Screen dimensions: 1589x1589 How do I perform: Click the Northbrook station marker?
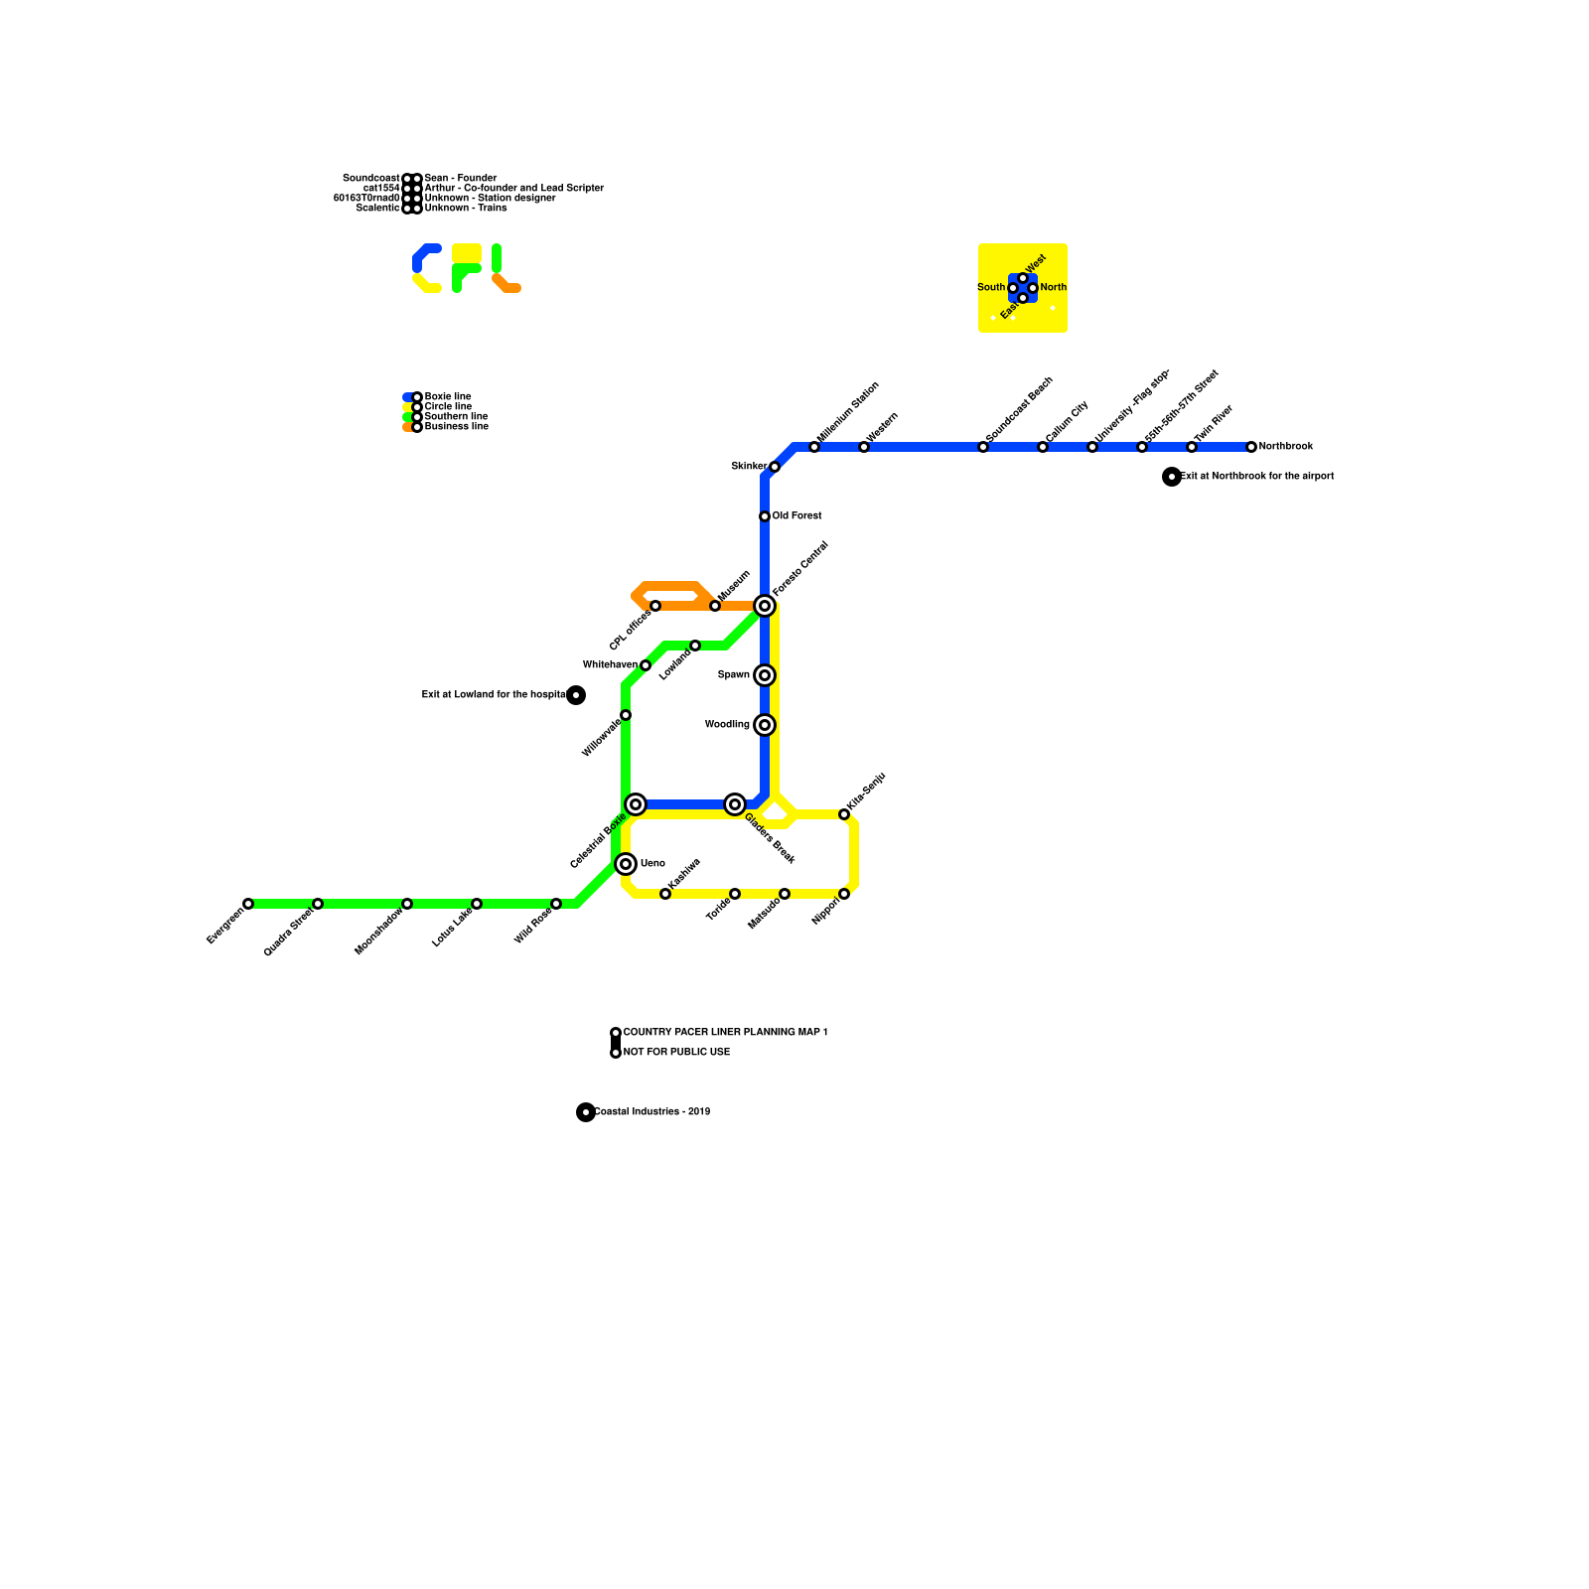1251,447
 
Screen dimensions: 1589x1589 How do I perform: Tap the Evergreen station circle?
248,904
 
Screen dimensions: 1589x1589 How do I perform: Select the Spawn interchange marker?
765,675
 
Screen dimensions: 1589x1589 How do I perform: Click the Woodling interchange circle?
765,725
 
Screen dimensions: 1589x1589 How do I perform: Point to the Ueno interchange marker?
626,864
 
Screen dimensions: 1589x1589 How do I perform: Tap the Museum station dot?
715,606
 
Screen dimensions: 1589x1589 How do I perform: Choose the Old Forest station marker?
765,516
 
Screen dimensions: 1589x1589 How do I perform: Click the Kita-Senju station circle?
844,814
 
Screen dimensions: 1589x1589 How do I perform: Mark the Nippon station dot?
844,894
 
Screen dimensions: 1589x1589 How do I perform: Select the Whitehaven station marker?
646,665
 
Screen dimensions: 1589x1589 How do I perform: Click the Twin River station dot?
1192,447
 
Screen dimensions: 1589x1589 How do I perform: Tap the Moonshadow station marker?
407,904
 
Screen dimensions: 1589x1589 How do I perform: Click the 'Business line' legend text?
456,427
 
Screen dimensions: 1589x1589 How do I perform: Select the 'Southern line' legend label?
456,417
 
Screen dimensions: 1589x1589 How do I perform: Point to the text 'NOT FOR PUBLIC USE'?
676,1053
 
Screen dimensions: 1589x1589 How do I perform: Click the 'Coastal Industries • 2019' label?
651,1112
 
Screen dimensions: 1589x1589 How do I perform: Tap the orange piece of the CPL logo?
506,285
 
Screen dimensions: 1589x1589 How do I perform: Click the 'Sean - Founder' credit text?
460,179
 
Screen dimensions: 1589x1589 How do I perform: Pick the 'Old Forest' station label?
796,516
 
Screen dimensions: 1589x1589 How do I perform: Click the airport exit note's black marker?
1172,477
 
